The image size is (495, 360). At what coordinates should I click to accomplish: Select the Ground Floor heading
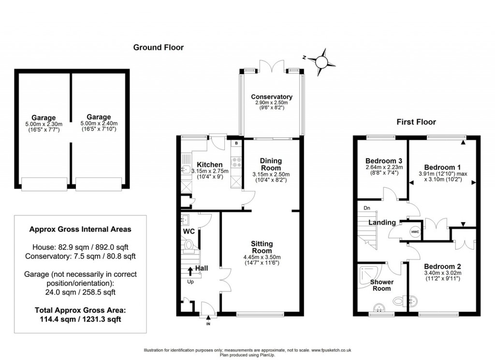click(159, 47)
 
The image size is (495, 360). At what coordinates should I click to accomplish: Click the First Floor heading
click(416, 122)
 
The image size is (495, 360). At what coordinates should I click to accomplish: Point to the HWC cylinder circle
click(415, 233)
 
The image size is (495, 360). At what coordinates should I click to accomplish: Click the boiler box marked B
click(236, 144)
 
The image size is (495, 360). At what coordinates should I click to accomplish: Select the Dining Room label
click(271, 164)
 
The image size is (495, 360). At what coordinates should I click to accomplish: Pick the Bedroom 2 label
click(442, 266)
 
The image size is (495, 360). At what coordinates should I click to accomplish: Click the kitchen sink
click(186, 169)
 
